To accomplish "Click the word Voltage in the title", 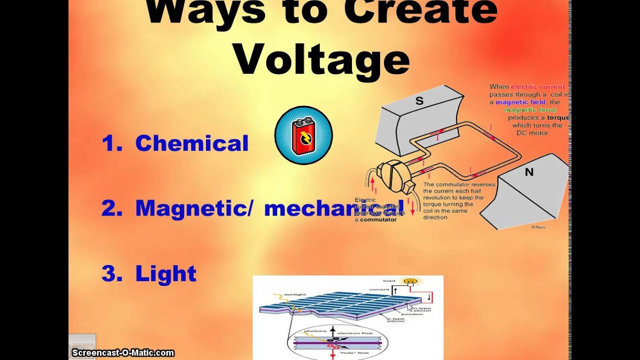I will tap(321, 60).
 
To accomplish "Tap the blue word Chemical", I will tap(191, 143).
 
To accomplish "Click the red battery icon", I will tap(303, 135).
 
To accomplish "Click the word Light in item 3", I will tap(165, 273).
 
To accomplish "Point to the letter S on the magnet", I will tap(419, 101).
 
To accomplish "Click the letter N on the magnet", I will tap(529, 172).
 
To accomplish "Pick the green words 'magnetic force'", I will tap(530, 110).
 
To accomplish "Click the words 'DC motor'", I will tap(532, 133).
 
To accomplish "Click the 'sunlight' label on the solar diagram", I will tap(293, 294).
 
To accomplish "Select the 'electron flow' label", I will tap(353, 333).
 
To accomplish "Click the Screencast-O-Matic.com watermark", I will tap(123, 353).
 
